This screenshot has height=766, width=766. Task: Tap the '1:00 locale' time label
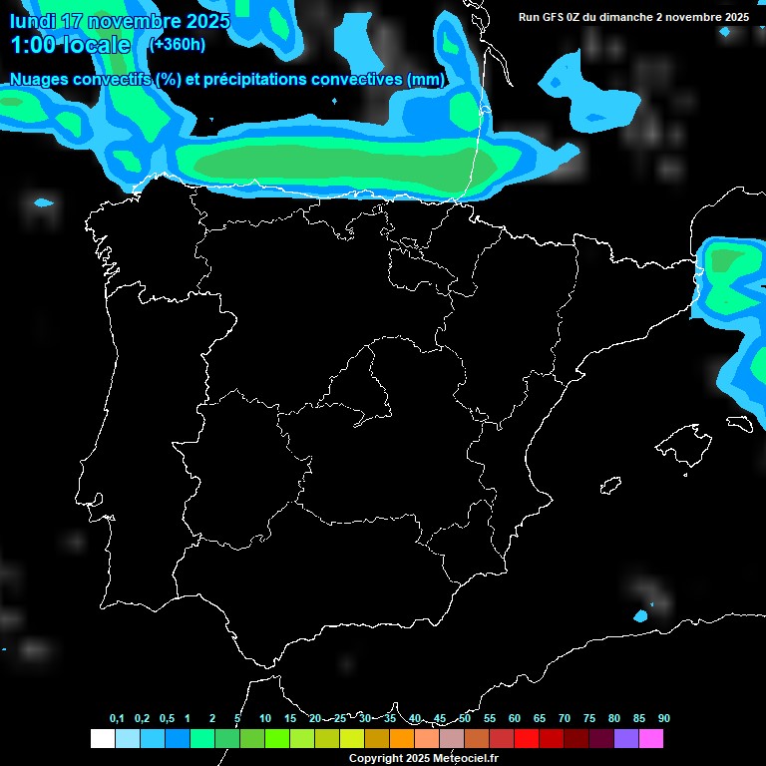(70, 45)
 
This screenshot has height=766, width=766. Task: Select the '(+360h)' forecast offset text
(177, 44)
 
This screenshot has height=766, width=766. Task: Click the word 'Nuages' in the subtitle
(40, 79)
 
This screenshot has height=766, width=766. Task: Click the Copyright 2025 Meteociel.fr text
(423, 758)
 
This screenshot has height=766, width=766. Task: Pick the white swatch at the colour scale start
(102, 739)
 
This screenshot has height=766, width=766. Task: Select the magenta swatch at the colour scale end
(651, 739)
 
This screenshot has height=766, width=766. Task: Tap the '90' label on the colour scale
(663, 718)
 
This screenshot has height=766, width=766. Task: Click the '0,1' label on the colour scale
(117, 718)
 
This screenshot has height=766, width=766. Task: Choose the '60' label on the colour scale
(514, 718)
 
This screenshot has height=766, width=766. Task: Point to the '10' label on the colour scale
(264, 718)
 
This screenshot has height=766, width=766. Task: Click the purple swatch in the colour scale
(626, 739)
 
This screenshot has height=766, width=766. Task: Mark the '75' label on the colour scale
(588, 718)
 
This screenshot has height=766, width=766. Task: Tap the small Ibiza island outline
(609, 486)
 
